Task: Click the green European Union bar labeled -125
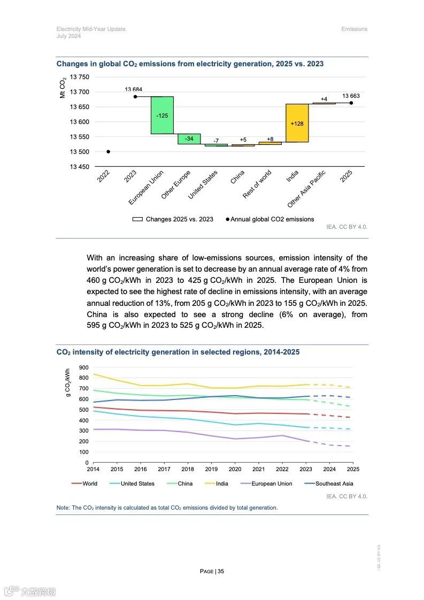coord(162,115)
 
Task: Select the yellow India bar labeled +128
coord(297,123)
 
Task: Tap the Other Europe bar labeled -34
coord(189,139)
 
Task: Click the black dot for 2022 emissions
coord(108,151)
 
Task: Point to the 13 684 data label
coord(134,89)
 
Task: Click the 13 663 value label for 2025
coord(351,96)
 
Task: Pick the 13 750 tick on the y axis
coord(80,77)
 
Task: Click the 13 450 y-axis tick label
coord(80,167)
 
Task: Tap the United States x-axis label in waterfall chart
coord(203,185)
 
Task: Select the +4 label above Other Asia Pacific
coord(324,99)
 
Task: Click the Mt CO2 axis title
coord(63,87)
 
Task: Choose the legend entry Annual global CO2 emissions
coord(272,219)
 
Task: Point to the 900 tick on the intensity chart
coord(83,367)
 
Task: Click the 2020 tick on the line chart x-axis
coord(235,469)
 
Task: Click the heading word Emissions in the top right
coord(354,29)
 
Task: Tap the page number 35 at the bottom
coord(220,571)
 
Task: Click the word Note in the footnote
coord(63,507)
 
